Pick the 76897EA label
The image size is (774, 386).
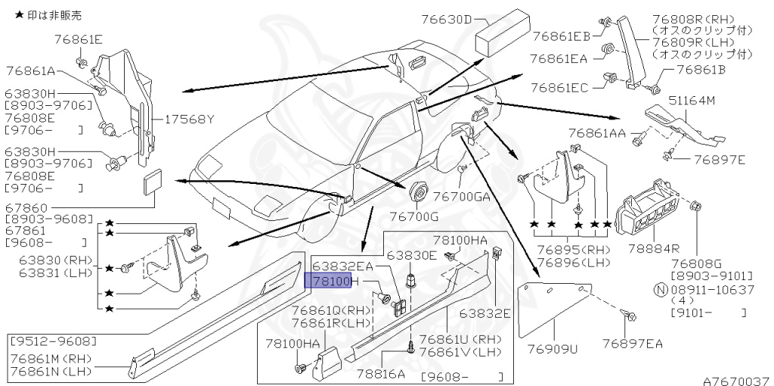[x=633, y=344]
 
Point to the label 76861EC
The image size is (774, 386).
[x=559, y=89]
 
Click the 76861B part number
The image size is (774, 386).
[x=700, y=70]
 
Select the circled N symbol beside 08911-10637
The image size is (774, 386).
[x=659, y=289]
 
